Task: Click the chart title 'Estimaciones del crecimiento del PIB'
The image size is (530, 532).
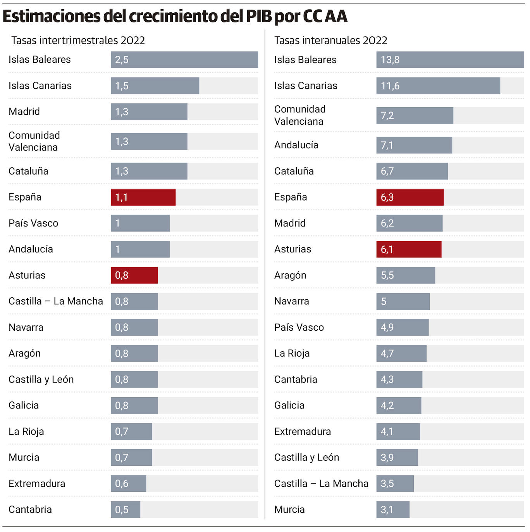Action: pyautogui.click(x=175, y=16)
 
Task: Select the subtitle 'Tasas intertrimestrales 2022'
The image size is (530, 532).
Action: pyautogui.click(x=78, y=40)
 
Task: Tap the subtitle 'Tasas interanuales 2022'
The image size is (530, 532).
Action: pyautogui.click(x=330, y=40)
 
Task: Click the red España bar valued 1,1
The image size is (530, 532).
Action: pyautogui.click(x=143, y=197)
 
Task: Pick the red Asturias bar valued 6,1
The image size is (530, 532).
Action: pyautogui.click(x=409, y=249)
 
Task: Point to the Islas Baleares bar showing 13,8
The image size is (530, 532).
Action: pyautogui.click(x=449, y=60)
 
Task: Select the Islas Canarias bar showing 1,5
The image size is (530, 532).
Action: pyautogui.click(x=155, y=86)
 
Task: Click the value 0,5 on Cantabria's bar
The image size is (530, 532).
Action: pyautogui.click(x=122, y=510)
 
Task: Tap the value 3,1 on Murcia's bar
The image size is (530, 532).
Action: pyautogui.click(x=387, y=510)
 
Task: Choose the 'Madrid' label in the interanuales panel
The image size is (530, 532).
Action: pyautogui.click(x=290, y=223)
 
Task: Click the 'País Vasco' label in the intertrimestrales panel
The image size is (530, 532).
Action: pyautogui.click(x=33, y=223)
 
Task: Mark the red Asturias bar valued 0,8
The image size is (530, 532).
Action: pyautogui.click(x=134, y=275)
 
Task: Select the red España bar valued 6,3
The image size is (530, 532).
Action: pyautogui.click(x=410, y=197)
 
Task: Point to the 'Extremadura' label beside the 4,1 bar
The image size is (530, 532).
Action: pyautogui.click(x=302, y=431)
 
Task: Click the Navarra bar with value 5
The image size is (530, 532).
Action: pyautogui.click(x=403, y=301)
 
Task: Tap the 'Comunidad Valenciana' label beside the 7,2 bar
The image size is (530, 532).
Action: pyautogui.click(x=299, y=115)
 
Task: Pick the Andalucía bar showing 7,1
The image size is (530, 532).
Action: pyautogui.click(x=414, y=145)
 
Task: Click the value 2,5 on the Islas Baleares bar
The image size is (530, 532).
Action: pyautogui.click(x=122, y=60)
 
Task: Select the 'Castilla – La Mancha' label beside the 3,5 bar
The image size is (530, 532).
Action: pyautogui.click(x=321, y=484)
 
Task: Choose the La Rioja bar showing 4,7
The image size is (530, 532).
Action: pyautogui.click(x=401, y=353)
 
